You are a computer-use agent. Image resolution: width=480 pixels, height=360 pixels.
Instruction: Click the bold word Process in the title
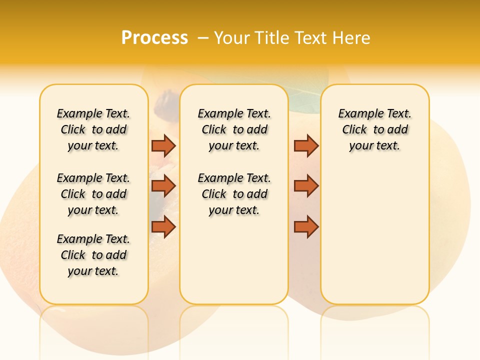154,38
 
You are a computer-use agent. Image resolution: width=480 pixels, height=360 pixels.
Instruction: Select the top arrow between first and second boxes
163,145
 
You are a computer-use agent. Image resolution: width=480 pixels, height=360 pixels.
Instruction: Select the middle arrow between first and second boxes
163,186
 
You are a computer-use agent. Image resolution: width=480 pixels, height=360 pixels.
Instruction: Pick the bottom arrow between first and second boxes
163,227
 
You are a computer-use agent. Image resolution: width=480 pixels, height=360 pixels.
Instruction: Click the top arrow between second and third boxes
306,145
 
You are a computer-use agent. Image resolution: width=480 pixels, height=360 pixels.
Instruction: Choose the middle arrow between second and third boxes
306,186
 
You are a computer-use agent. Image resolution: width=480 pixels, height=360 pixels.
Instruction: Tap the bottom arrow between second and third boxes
306,227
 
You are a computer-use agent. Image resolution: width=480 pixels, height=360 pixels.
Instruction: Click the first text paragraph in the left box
93,129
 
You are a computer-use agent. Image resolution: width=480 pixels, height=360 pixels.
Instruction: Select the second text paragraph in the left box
93,194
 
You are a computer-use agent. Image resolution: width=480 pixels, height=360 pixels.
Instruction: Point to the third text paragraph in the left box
93,255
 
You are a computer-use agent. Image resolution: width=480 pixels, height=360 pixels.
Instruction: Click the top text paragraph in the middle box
234,129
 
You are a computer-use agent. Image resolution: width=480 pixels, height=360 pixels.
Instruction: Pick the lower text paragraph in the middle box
234,194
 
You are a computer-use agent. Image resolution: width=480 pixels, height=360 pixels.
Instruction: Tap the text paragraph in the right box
374,129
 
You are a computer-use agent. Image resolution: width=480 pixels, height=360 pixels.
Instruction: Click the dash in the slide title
203,38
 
